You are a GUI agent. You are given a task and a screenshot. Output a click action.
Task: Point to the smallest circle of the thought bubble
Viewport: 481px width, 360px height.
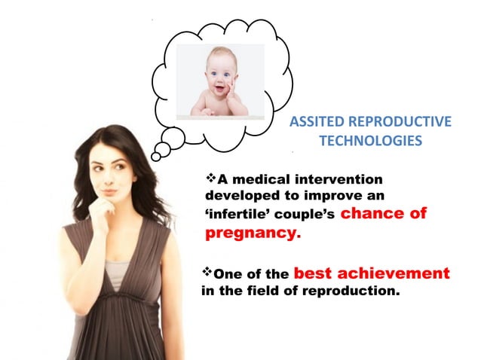coord(156,156)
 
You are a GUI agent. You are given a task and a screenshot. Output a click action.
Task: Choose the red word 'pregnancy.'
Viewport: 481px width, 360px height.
coord(253,233)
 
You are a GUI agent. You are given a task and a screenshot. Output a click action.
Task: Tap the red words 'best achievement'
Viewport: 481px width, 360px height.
coord(371,273)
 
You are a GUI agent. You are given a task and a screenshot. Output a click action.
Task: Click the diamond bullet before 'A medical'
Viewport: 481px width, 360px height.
coord(211,178)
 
